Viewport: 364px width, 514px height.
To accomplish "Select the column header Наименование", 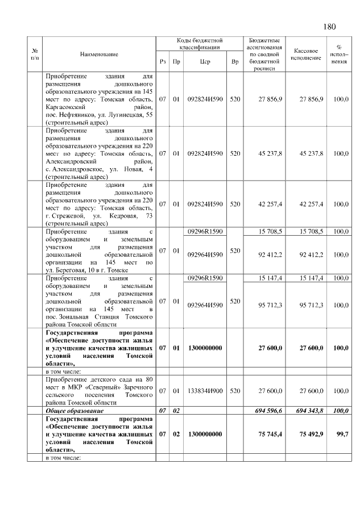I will coord(99,54).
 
